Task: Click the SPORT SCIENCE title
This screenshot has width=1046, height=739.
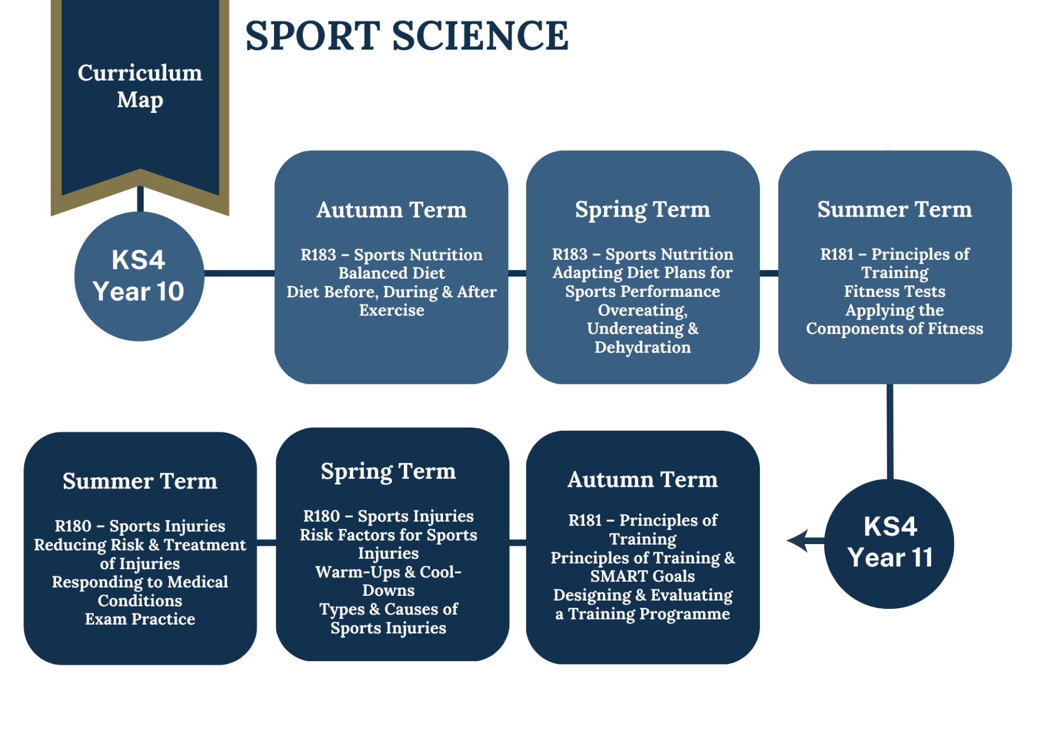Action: (406, 36)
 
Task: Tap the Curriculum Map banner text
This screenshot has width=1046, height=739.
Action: (140, 86)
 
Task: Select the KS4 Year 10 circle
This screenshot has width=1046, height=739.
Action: (139, 276)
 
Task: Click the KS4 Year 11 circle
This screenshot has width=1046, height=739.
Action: (890, 543)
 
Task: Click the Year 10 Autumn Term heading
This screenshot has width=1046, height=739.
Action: (392, 210)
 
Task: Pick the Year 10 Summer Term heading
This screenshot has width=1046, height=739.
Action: (895, 209)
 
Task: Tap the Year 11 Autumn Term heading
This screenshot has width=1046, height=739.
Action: (643, 479)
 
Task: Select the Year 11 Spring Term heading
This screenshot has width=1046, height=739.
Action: (388, 472)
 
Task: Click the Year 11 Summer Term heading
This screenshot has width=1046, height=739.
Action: (140, 481)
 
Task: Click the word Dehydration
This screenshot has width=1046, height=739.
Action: (643, 347)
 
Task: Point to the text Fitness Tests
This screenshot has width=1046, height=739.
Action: (895, 291)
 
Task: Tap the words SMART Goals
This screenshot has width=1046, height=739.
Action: (643, 576)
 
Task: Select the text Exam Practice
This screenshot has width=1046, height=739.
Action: (140, 619)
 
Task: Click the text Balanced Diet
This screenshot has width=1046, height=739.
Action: (392, 273)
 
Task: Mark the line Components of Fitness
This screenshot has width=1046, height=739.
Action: (895, 329)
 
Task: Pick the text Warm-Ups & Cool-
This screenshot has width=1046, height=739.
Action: (388, 572)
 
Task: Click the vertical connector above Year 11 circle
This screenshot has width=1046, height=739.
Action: (890, 432)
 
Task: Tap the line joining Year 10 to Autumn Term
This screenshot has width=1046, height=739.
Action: (239, 273)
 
